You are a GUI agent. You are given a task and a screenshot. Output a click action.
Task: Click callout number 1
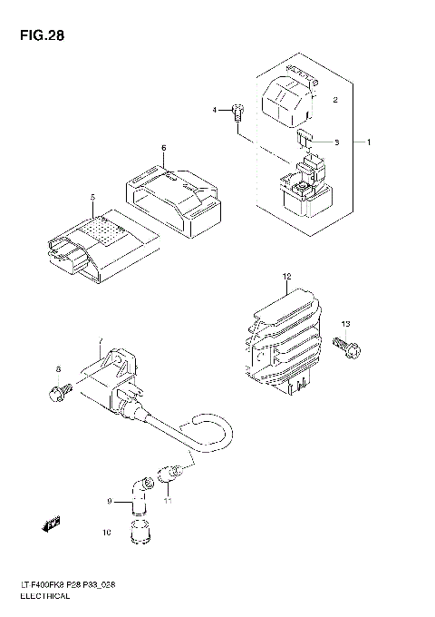369,142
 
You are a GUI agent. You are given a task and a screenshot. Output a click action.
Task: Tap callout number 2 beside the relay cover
334,100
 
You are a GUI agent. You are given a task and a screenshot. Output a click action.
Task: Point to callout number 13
345,324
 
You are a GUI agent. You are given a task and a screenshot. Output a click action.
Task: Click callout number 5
92,198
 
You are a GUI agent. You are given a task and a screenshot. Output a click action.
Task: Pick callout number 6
163,147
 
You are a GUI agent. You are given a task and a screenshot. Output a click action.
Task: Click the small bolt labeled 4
238,112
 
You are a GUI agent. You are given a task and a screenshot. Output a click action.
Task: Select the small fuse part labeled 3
304,140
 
